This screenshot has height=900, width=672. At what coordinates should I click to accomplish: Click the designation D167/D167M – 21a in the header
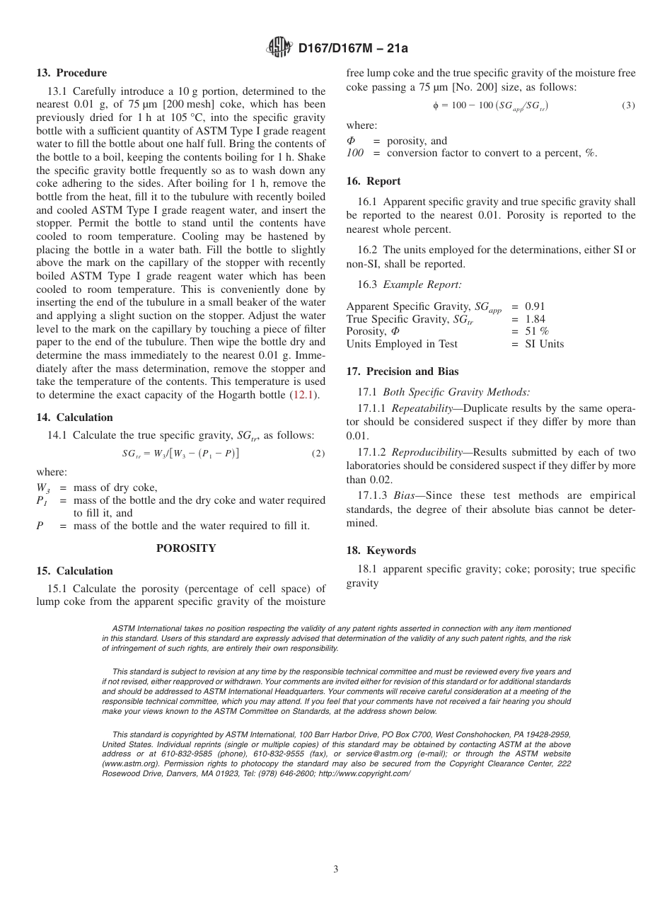(x=353, y=49)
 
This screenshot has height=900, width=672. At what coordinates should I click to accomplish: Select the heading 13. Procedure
(x=71, y=73)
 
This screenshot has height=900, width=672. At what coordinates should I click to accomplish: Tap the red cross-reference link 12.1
(x=305, y=396)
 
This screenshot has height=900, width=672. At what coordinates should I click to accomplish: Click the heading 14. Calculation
(x=74, y=417)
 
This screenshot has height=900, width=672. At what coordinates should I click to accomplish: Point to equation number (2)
(x=318, y=454)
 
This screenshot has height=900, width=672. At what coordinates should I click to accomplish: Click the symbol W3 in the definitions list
(x=42, y=487)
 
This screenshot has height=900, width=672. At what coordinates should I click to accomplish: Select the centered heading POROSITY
(x=186, y=548)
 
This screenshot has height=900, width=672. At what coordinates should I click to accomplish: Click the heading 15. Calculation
(x=74, y=571)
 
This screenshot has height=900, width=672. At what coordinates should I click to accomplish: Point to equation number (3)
(x=628, y=105)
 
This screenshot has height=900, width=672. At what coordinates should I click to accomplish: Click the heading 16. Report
(x=373, y=181)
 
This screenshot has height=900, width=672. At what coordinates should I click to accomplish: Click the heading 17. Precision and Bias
(x=402, y=371)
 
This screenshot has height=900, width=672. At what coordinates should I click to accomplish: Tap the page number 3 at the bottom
(x=336, y=870)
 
